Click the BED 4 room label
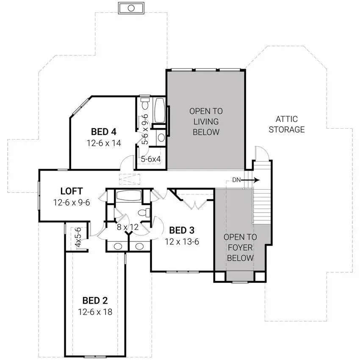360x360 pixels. click(104, 132)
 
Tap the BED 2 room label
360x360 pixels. click(95, 300)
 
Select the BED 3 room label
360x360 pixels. click(182, 230)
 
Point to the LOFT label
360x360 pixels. click(72, 191)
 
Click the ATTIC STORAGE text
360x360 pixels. click(287, 124)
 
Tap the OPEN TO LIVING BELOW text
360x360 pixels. click(206, 122)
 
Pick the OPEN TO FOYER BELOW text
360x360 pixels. click(240, 247)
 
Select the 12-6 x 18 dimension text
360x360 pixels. click(95, 312)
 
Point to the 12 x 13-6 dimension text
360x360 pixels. click(182, 241)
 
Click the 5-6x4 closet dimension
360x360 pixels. click(151, 159)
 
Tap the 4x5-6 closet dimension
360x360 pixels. click(78, 238)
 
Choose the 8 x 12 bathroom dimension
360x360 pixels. click(127, 227)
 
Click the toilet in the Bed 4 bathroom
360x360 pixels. click(145, 103)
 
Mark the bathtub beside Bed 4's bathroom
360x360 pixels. click(160, 111)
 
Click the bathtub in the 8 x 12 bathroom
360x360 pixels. click(129, 196)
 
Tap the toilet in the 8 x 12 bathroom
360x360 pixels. click(144, 212)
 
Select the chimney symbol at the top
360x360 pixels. click(131, 8)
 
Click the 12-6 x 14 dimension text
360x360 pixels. click(104, 143)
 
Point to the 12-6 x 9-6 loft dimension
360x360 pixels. click(72, 202)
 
